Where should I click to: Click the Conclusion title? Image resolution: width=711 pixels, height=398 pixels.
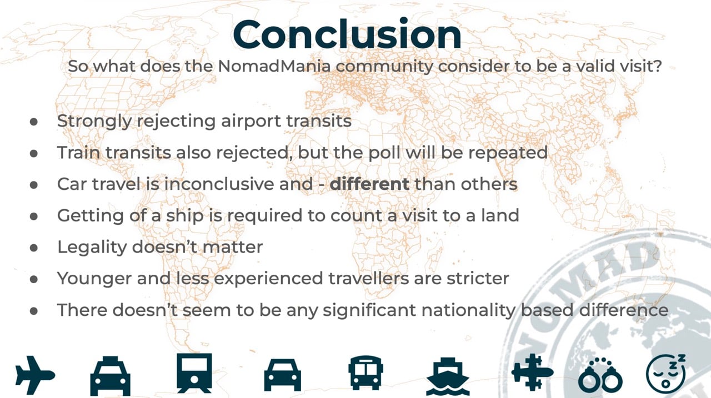tap(347, 34)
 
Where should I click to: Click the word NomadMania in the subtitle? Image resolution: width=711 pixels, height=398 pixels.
tap(274, 66)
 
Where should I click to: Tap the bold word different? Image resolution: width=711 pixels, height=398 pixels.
tap(369, 184)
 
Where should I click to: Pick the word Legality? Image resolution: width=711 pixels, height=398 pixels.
tap(92, 248)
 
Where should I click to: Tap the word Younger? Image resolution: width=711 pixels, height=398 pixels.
tap(94, 279)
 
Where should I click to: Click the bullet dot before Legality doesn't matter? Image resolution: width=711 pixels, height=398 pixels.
tap(34, 248)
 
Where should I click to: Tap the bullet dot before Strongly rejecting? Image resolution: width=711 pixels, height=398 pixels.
tap(34, 122)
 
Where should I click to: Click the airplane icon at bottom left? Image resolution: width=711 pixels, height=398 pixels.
tap(35, 375)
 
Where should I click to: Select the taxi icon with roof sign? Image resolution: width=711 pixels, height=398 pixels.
tap(110, 376)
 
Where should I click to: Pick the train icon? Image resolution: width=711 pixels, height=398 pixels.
tap(194, 373)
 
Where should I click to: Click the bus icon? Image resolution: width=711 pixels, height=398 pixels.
tap(365, 373)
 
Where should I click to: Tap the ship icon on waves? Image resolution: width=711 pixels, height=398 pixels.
tap(448, 376)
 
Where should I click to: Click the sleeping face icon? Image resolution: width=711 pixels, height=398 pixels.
tap(665, 374)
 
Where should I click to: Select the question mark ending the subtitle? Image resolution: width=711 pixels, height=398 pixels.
tap(657, 66)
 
